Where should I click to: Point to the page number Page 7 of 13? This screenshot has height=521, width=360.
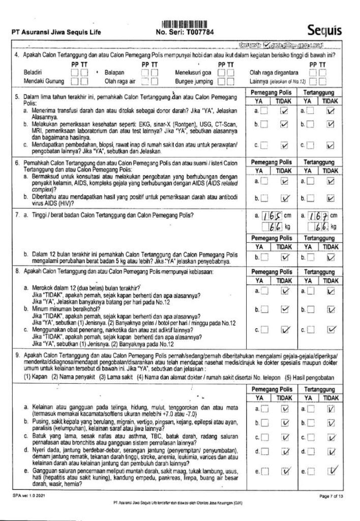(332, 495)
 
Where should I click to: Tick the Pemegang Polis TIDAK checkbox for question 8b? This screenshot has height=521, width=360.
(286, 309)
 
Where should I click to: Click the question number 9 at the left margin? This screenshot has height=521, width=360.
(18, 352)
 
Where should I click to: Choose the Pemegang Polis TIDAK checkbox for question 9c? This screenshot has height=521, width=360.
(286, 437)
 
